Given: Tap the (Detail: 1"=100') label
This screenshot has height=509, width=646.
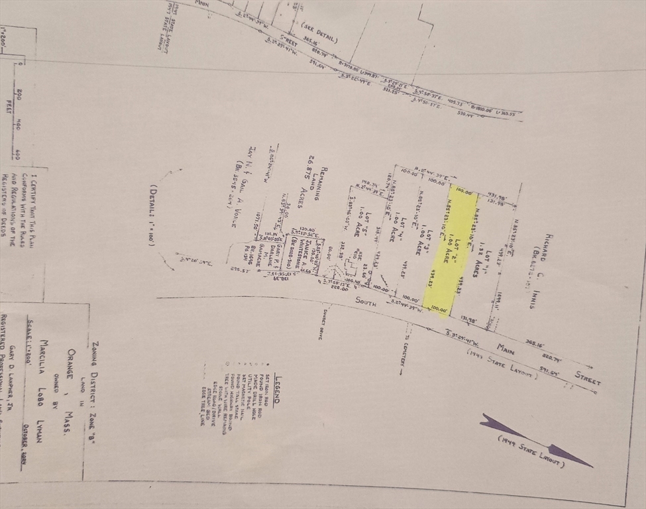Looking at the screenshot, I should click(151, 215).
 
